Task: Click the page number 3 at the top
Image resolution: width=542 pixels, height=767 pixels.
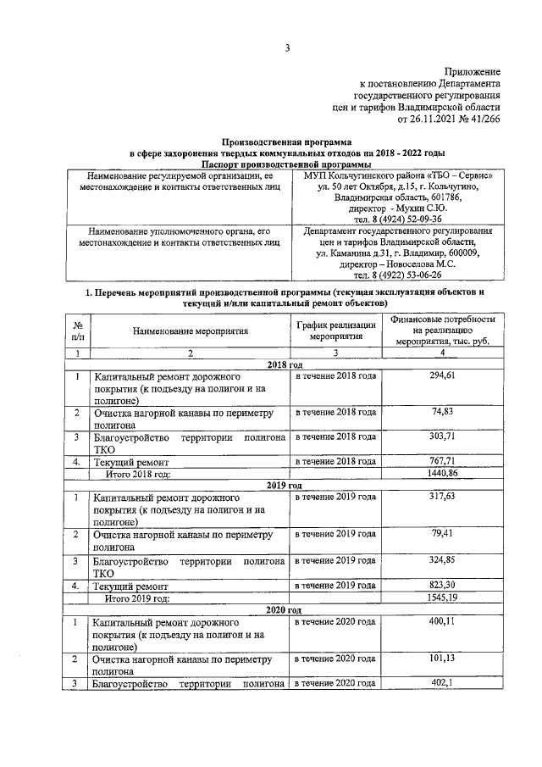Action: [x=287, y=48]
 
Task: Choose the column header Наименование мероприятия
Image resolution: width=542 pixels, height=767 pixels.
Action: [x=190, y=331]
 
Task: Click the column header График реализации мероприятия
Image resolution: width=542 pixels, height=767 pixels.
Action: [x=335, y=331]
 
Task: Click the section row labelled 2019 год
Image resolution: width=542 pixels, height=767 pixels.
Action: [x=285, y=485]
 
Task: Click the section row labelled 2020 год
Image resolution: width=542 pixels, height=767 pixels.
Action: [x=285, y=609]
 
